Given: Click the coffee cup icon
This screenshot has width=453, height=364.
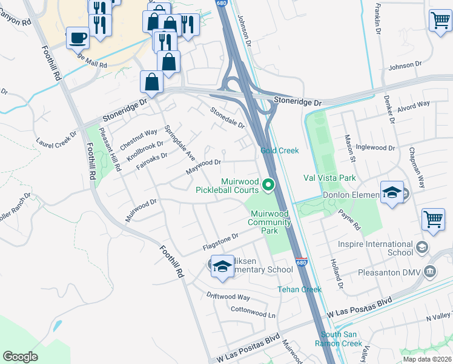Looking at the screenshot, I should coord(77,38).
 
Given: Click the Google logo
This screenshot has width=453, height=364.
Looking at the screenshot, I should coord(20,357).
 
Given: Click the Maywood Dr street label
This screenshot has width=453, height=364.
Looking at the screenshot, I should coord(203,166).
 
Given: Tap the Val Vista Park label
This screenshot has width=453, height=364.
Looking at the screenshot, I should coord(329,178).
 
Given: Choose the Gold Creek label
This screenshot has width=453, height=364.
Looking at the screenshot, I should coord(280,150).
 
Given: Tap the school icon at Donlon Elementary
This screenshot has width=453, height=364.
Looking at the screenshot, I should coord(392,193).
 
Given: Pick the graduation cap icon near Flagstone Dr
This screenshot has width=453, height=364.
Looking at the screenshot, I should coord(222,267).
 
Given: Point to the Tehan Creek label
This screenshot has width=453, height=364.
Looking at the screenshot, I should coord(299,289).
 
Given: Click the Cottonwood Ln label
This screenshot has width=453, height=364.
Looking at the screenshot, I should coord(253,312).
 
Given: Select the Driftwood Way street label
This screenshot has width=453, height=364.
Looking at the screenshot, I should coord(228,297).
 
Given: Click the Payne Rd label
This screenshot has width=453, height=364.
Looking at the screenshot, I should coord(349,220).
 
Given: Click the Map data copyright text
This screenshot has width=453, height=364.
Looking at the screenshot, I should coord(426,359).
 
